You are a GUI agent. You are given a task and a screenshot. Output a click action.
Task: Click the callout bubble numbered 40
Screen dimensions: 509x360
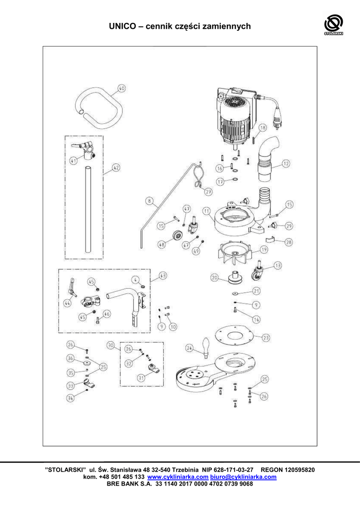(121, 89)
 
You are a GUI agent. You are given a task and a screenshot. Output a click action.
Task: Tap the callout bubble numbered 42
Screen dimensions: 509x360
(115, 168)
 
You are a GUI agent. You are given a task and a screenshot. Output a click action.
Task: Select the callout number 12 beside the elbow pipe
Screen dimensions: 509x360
(285, 163)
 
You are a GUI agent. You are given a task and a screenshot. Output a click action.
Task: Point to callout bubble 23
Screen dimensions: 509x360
(266, 338)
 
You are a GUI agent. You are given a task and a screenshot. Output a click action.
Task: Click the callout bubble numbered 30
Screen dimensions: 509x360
(111, 344)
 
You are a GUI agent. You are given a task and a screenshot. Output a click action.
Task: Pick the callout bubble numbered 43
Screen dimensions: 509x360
(163, 275)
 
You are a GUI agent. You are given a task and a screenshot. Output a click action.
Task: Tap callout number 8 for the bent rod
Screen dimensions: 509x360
(149, 201)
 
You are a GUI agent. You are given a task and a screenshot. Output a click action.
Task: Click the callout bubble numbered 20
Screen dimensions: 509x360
(214, 278)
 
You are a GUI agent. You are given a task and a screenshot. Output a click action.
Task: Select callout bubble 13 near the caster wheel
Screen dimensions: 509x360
(277, 265)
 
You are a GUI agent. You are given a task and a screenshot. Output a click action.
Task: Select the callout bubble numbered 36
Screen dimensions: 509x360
(71, 358)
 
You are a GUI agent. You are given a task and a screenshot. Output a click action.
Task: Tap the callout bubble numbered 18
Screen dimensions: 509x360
(263, 127)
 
